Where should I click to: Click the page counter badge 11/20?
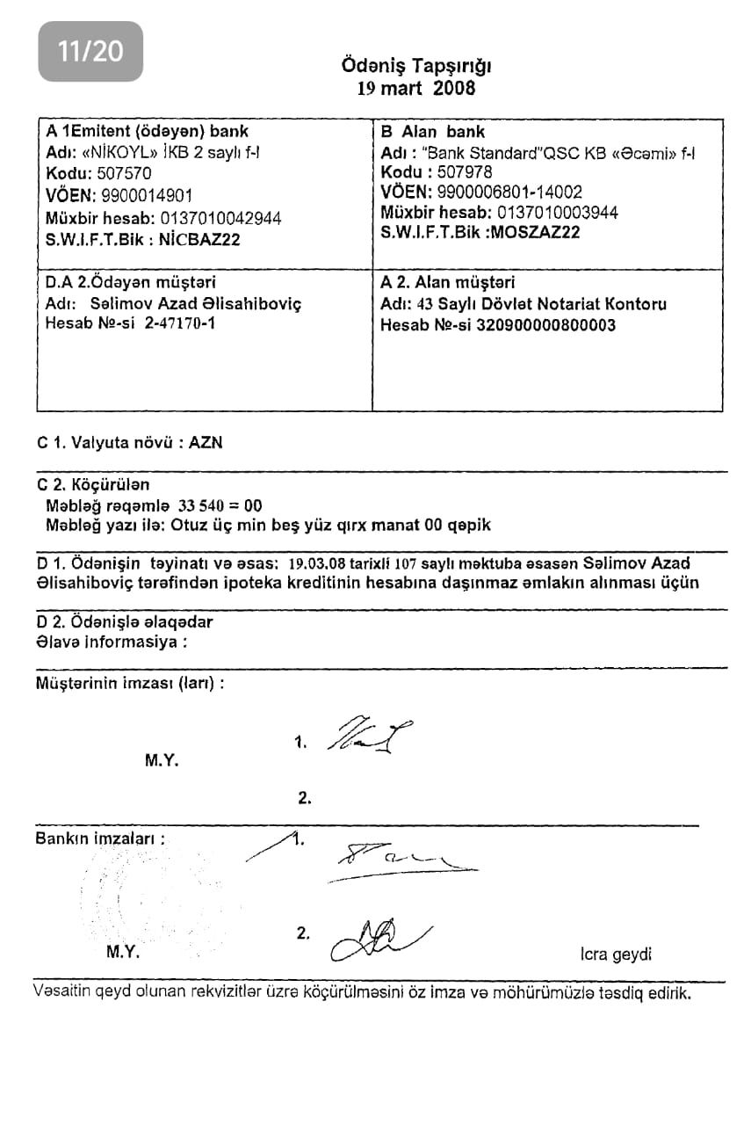[x=90, y=51]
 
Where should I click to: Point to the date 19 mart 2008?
[x=416, y=88]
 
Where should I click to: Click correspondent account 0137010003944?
[x=558, y=212]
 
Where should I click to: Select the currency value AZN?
[x=206, y=443]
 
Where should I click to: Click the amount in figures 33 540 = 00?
[x=220, y=505]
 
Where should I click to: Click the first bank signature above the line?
[x=400, y=857]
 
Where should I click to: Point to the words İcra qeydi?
[x=616, y=954]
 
